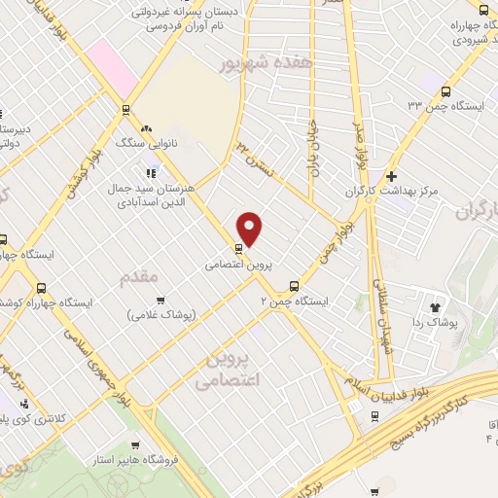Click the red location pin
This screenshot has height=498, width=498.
click(x=250, y=229)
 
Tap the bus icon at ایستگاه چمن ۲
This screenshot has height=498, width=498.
click(x=295, y=285)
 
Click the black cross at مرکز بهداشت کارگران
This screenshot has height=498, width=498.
click(x=391, y=176)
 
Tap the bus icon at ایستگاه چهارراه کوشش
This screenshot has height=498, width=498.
click(x=42, y=287)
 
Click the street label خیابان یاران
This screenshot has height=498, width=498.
click(x=314, y=146)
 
